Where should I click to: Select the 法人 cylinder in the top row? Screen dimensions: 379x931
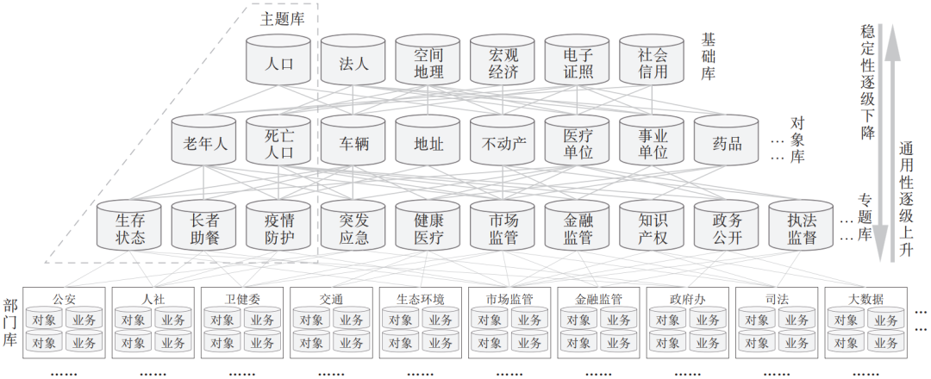pos(353,62)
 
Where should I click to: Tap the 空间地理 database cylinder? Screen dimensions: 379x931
pos(428,62)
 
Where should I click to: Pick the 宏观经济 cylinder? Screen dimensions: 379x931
pos(503,62)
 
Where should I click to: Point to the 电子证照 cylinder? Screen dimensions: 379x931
pos(578,62)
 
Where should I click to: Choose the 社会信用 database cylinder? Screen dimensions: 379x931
pos(653,62)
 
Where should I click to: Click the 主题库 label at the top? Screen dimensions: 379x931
pos(282,18)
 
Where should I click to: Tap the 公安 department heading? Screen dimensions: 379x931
pos(65,299)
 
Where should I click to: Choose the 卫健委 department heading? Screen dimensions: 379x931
pos(242,299)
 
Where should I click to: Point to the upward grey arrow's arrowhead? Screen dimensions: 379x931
pos(894,34)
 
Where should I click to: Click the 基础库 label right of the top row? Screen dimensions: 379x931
pos(709,55)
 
